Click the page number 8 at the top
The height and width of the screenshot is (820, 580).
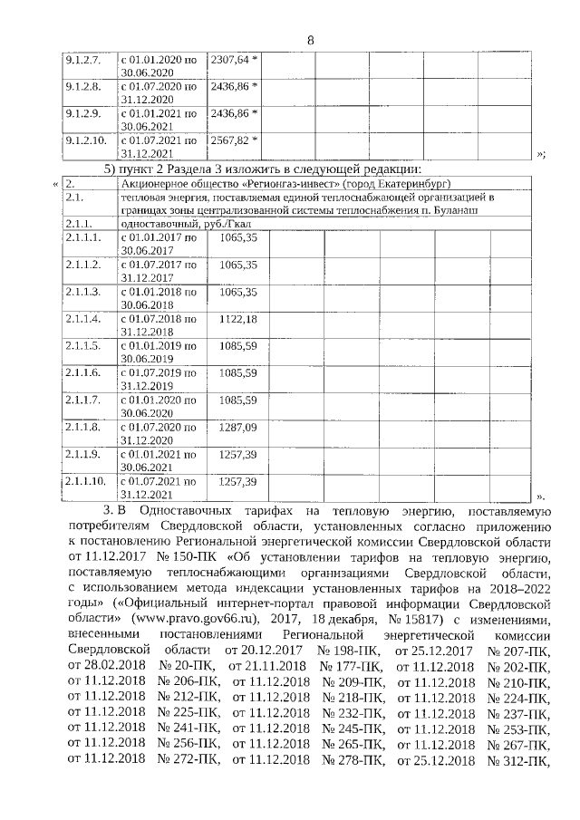pos(310,40)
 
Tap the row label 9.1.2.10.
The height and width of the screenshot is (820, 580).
pos(86,141)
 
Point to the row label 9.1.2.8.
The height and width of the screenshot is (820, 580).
pos(82,87)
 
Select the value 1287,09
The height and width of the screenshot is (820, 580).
pos(238,426)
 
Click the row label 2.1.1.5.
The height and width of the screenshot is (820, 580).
pos(82,346)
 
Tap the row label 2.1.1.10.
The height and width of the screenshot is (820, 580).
pos(86,480)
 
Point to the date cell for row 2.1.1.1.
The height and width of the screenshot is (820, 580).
pos(159,243)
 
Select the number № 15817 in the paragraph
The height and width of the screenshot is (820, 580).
pos(382,621)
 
